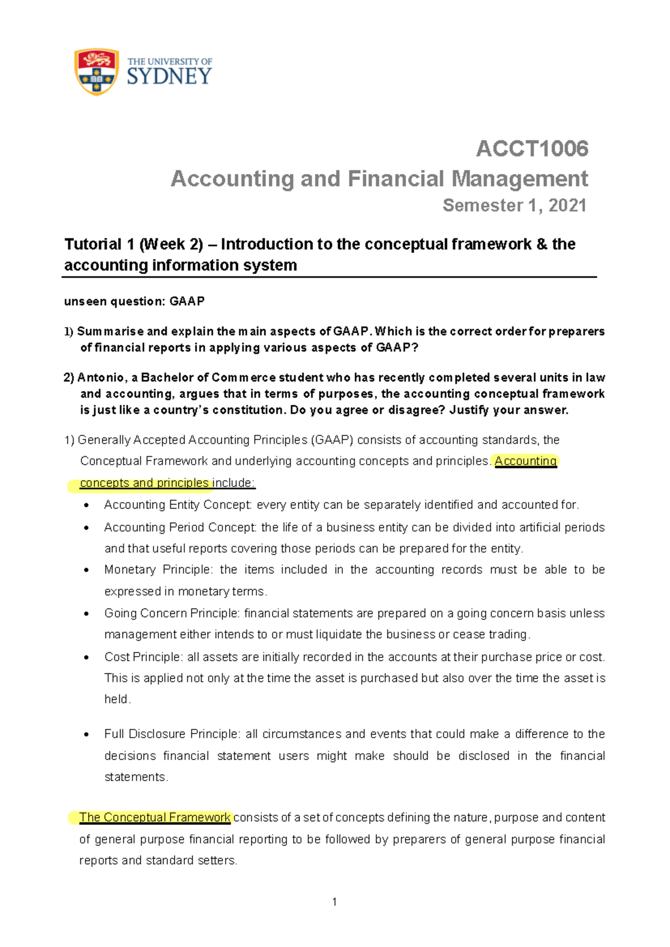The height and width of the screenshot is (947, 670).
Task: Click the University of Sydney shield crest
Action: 97,72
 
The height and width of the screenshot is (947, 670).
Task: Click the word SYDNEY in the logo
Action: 169,76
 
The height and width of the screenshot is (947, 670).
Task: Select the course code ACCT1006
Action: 532,149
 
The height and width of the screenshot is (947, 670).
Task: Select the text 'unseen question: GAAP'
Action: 135,302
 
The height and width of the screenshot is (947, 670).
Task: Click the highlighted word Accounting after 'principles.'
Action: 525,461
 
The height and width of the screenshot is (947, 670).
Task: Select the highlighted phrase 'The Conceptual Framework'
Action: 155,817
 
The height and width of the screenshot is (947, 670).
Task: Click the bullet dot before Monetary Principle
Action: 86,570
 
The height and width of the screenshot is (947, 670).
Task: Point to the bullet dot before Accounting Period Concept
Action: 86,528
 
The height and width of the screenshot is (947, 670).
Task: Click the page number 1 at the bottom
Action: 334,902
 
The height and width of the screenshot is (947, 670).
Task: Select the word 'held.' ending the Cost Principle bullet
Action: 117,699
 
